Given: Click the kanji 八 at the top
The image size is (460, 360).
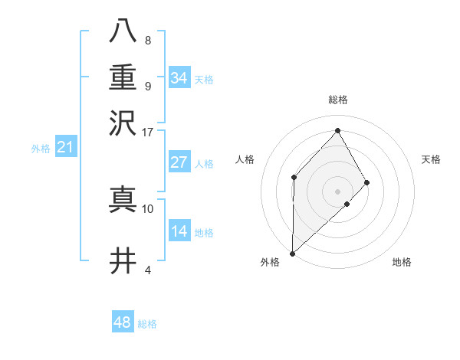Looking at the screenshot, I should pyautogui.click(x=123, y=33).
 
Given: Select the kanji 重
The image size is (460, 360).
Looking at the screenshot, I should pyautogui.click(x=123, y=77).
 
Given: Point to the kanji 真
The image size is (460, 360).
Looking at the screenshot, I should pyautogui.click(x=123, y=199).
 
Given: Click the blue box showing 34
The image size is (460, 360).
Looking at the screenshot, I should pyautogui.click(x=179, y=78).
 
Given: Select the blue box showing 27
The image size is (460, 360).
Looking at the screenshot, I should pyautogui.click(x=179, y=162).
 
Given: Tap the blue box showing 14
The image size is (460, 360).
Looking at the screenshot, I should pyautogui.click(x=179, y=231).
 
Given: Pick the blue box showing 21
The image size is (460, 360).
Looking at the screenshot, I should pyautogui.click(x=64, y=148).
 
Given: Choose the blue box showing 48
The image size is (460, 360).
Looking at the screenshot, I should pyautogui.click(x=123, y=322).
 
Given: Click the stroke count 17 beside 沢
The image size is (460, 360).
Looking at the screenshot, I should pyautogui.click(x=148, y=132).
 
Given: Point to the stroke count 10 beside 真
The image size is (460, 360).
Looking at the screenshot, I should pyautogui.click(x=148, y=208).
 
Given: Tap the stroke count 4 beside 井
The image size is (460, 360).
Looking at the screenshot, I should pyautogui.click(x=148, y=270).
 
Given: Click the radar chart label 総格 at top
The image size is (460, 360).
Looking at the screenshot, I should pyautogui.click(x=338, y=100).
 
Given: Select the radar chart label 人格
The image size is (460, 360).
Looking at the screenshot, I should pyautogui.click(x=245, y=159).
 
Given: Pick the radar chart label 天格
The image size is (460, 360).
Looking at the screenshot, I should pyautogui.click(x=431, y=159).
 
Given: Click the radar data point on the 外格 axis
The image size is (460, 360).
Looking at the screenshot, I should pyautogui.click(x=292, y=254).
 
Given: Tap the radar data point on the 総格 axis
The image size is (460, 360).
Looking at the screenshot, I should pyautogui.click(x=338, y=130).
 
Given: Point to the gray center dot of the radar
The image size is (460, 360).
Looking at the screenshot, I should pyautogui.click(x=338, y=191).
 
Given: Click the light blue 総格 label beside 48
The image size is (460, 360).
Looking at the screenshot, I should pyautogui.click(x=147, y=324).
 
